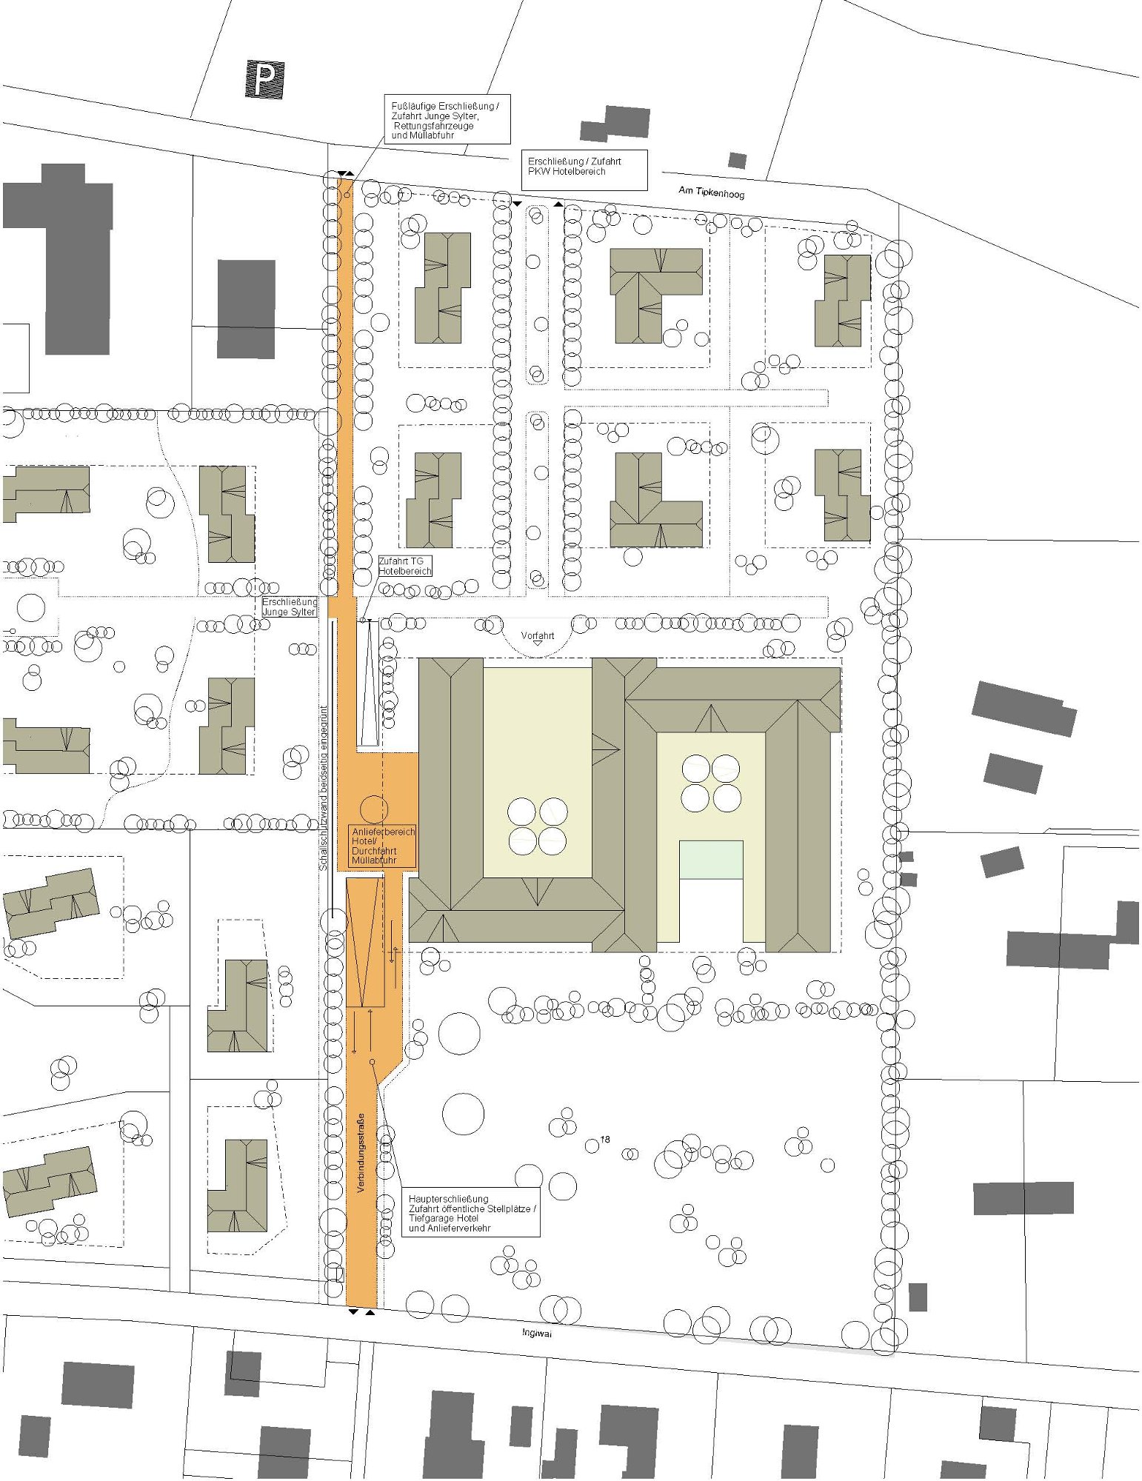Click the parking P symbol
coord(264,79)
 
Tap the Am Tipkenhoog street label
coord(711,193)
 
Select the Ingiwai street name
coord(537,1333)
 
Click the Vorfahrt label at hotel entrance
coord(537,635)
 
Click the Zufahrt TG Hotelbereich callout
coord(405,566)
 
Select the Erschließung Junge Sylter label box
coord(290,607)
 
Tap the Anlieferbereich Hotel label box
coord(383,846)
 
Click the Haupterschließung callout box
coord(471,1213)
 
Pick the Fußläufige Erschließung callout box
coord(447,119)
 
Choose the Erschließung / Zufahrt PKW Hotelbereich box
coord(584,170)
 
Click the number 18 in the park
coord(605,1139)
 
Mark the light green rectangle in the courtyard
coord(711,860)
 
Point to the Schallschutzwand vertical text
coord(324,787)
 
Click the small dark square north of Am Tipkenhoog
coord(737,161)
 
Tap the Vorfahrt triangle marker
coord(538,643)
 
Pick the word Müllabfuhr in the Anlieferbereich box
coord(374,860)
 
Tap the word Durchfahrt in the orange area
coord(374,851)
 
